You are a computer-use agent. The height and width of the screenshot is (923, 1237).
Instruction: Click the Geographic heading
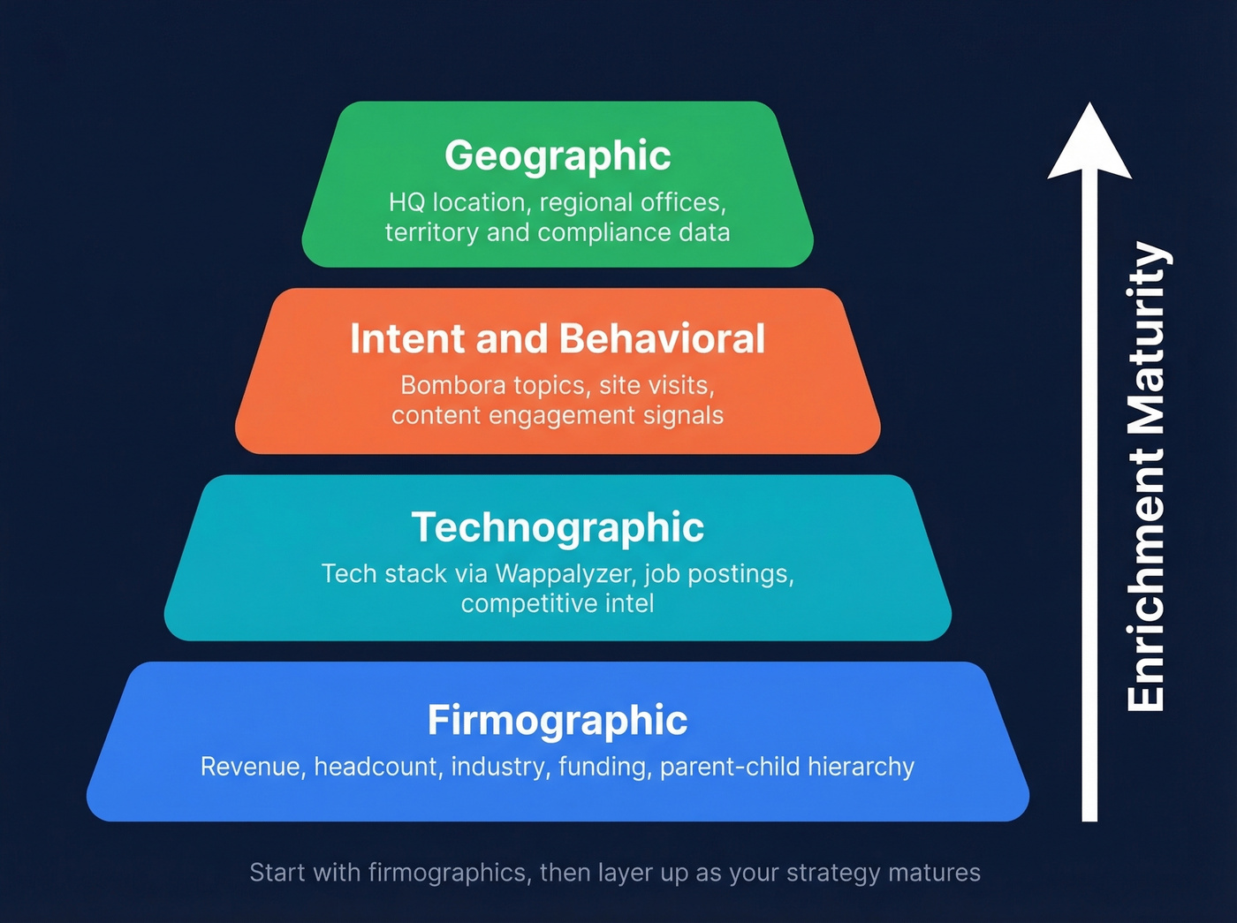[x=558, y=155]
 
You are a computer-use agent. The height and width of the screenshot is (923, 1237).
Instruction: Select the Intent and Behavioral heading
[x=558, y=339]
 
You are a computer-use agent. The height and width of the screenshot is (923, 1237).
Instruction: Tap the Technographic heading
[x=558, y=527]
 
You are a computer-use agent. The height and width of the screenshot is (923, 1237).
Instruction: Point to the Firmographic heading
[x=558, y=720]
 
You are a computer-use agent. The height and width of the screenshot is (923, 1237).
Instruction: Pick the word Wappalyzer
[x=565, y=574]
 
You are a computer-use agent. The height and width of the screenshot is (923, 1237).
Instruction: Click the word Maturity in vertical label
[x=1147, y=339]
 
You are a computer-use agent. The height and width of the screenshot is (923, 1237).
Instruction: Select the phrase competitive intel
[x=558, y=604]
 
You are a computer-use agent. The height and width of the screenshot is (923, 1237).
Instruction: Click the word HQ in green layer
[x=406, y=203]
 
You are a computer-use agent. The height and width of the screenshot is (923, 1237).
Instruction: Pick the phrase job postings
[x=717, y=574]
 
